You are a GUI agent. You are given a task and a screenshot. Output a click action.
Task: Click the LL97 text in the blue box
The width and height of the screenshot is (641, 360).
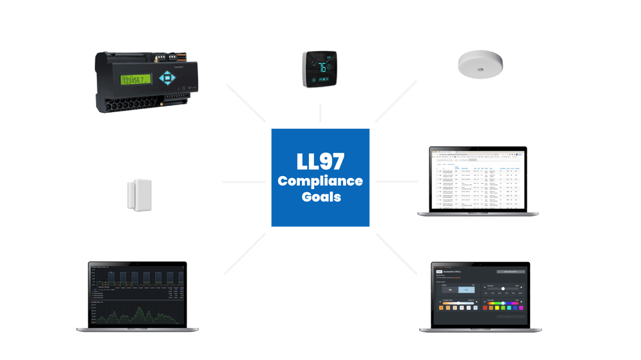320,161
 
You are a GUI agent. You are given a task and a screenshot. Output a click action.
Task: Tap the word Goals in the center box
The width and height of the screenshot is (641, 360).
320,197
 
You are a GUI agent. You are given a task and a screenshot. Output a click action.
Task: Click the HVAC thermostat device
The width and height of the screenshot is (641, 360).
320,67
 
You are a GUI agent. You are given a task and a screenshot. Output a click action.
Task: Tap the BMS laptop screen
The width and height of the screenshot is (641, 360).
478,180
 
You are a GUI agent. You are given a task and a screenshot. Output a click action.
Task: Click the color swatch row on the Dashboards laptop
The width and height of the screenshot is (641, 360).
506,308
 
